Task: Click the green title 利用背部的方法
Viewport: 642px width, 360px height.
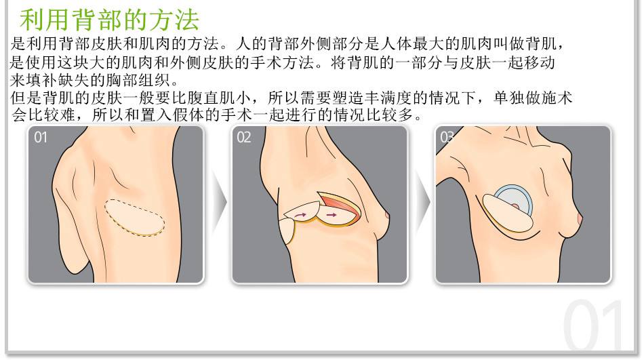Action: coord(109,19)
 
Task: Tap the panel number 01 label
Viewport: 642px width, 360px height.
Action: coord(41,137)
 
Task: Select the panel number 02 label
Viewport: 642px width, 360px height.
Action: coord(243,137)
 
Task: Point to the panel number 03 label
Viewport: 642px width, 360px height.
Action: coord(447,137)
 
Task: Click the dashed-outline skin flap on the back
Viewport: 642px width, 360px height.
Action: coord(135,218)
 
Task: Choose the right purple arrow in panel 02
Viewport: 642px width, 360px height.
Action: coord(332,215)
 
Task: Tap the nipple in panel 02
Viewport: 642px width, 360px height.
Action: coord(387,216)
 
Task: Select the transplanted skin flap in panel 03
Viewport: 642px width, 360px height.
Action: coord(507,214)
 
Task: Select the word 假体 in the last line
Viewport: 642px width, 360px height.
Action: coord(188,115)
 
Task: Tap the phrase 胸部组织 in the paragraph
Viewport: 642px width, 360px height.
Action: coord(138,80)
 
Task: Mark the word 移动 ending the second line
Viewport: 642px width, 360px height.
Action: coord(539,62)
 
